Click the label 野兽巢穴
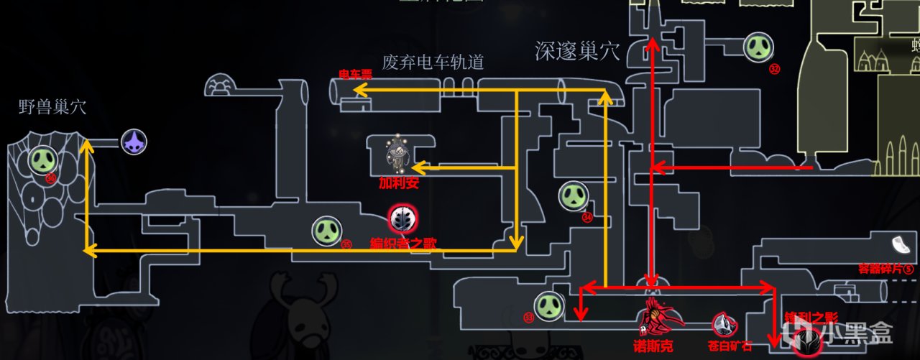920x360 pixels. pyautogui.click(x=52, y=108)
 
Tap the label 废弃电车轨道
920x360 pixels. pyautogui.click(x=433, y=63)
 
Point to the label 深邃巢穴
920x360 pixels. pyautogui.click(x=578, y=50)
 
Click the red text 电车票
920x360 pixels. pyautogui.click(x=355, y=74)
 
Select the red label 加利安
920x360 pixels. pyautogui.click(x=399, y=183)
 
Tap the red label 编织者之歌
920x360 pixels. pyautogui.click(x=402, y=244)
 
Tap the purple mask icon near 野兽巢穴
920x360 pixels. pyautogui.click(x=133, y=142)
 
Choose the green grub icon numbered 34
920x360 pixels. pyautogui.click(x=574, y=196)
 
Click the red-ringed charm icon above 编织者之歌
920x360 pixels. pyautogui.click(x=401, y=218)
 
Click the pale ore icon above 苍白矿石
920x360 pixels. pyautogui.click(x=724, y=324)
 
